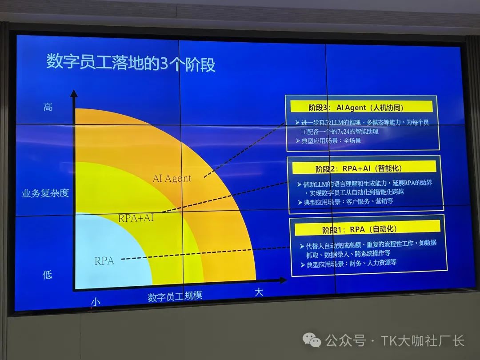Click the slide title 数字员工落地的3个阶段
pos(131,63)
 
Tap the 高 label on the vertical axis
pos(48,107)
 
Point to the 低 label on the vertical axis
pos(47,275)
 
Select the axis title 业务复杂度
pos(45,193)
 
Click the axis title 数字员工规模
pos(175,296)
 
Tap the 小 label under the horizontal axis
pos(96,302)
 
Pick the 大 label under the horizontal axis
pos(259,292)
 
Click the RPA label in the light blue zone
pos(104,261)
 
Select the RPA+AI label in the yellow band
pos(136,218)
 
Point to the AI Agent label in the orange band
pos(172,178)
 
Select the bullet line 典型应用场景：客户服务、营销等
pos(345,202)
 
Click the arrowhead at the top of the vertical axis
pos(74,93)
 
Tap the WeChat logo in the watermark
pos(312,340)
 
